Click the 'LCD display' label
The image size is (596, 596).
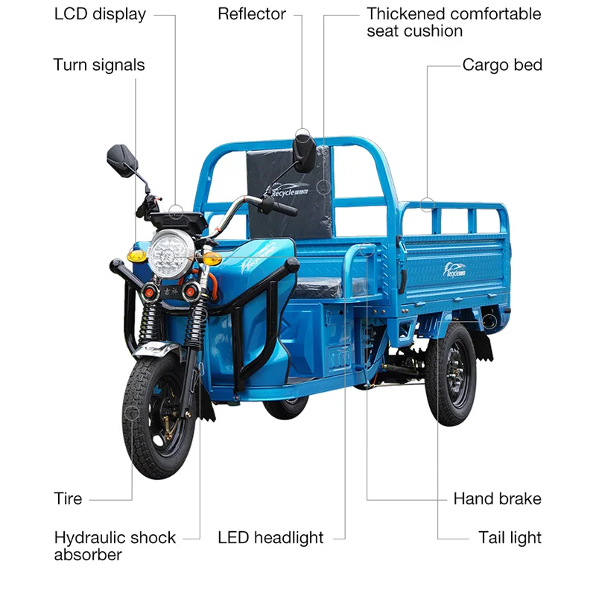click(100, 14)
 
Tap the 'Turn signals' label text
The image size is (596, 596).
click(98, 65)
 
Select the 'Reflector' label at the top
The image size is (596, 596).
click(252, 14)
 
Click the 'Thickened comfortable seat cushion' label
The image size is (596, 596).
click(454, 22)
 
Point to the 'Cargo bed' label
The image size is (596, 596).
click(502, 65)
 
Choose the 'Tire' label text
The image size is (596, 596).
click(68, 498)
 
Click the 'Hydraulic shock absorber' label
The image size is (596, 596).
click(115, 545)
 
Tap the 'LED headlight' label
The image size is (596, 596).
click(270, 537)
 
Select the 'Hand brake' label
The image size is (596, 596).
click(497, 498)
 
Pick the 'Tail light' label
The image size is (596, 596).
click(510, 537)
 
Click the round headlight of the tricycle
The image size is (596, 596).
click(171, 253)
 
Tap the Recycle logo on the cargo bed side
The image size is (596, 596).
click(451, 272)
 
